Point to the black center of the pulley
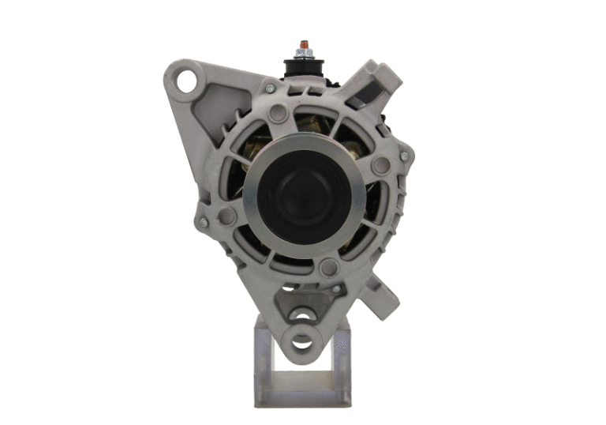[301, 195]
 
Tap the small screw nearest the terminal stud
[271, 88]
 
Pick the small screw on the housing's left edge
[204, 223]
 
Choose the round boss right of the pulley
[381, 166]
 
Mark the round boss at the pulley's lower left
[227, 216]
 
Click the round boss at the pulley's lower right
[329, 267]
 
